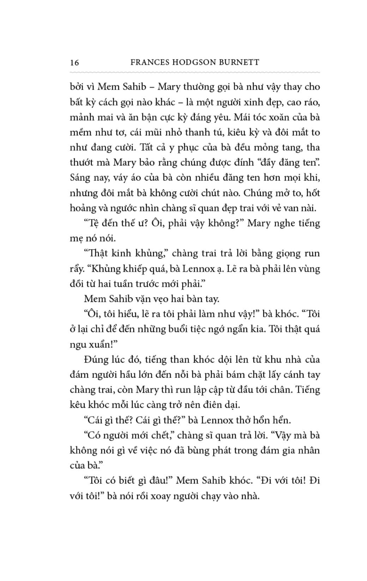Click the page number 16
pyautogui.click(x=74, y=63)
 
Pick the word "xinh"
pyautogui.click(x=253, y=102)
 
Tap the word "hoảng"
pyautogui.click(x=82, y=208)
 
